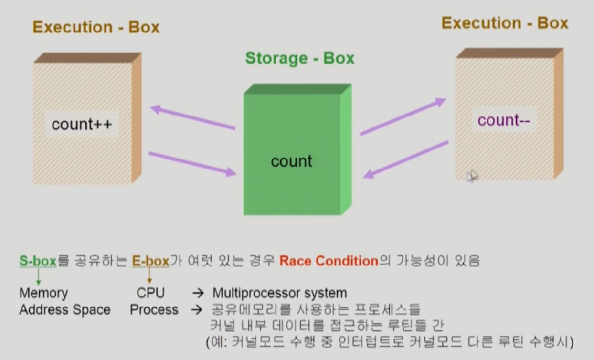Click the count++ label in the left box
tap(82, 124)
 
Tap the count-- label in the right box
tap(504, 120)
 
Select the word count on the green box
tap(291, 161)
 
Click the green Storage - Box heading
tap(300, 58)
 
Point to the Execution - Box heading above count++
tap(96, 27)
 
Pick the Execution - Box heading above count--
tap(505, 23)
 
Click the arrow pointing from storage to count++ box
tap(193, 117)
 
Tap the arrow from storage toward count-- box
tap(403, 117)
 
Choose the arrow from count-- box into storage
tap(406, 159)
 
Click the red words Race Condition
tap(329, 261)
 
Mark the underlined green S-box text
tap(38, 261)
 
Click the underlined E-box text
tap(150, 261)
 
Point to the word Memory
tap(43, 293)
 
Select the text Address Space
tap(65, 310)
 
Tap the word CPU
tap(150, 293)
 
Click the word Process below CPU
tap(154, 310)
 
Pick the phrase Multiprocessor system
tap(280, 293)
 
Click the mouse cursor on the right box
tap(471, 176)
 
